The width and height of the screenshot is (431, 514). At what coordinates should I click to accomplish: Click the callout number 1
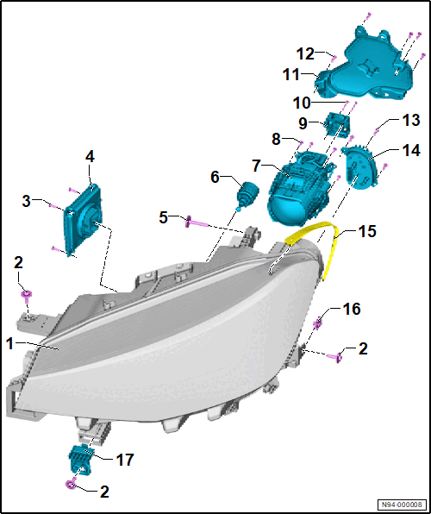click(11, 344)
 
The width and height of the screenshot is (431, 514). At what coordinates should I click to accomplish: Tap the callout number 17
click(123, 460)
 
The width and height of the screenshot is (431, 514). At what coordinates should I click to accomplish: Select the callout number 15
click(366, 232)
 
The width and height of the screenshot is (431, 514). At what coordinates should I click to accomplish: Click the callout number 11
click(291, 75)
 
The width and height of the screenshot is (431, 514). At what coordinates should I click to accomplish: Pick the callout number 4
click(90, 157)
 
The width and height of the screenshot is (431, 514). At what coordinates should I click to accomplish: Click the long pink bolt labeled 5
click(197, 222)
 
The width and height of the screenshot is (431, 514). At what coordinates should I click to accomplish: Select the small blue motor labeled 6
click(247, 196)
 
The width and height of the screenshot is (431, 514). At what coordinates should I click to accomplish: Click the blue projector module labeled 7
click(298, 190)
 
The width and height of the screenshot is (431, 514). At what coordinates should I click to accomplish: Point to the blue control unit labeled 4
click(84, 220)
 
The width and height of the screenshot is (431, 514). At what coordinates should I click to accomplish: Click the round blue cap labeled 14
click(359, 169)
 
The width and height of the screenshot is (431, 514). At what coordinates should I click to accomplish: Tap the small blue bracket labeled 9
click(336, 126)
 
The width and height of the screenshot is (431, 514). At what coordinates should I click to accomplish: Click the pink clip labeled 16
click(317, 324)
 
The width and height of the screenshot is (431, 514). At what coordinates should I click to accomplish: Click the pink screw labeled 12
click(334, 59)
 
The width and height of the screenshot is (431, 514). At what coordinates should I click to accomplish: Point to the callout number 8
click(276, 140)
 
